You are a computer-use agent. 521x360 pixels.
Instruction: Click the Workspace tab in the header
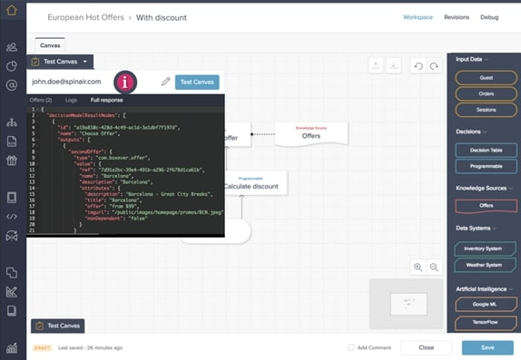pos(418,17)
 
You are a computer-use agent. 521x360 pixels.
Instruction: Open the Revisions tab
pos(457,17)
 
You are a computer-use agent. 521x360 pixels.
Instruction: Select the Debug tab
pos(489,17)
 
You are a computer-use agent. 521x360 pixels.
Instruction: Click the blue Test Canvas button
pos(197,82)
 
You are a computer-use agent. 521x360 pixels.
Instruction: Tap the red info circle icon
pos(125,82)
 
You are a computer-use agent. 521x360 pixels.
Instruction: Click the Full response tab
pos(106,100)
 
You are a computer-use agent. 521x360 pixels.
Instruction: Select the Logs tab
pos(72,100)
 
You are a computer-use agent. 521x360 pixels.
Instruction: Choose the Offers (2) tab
pos(41,100)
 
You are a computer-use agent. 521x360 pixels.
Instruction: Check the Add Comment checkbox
pos(351,347)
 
